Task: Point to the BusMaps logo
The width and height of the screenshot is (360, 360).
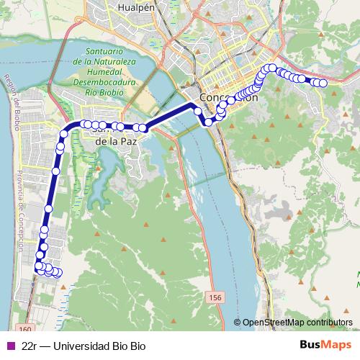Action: pos(327,346)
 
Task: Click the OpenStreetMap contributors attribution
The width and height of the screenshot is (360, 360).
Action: pos(297,323)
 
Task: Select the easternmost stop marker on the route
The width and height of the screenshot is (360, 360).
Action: pos(323,84)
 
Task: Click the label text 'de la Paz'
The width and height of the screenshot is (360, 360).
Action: pos(116,142)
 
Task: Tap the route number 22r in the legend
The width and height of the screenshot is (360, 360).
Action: pos(29,346)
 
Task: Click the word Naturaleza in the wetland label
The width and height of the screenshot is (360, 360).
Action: pos(111,63)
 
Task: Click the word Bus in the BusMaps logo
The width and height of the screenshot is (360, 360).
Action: pos(310,346)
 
